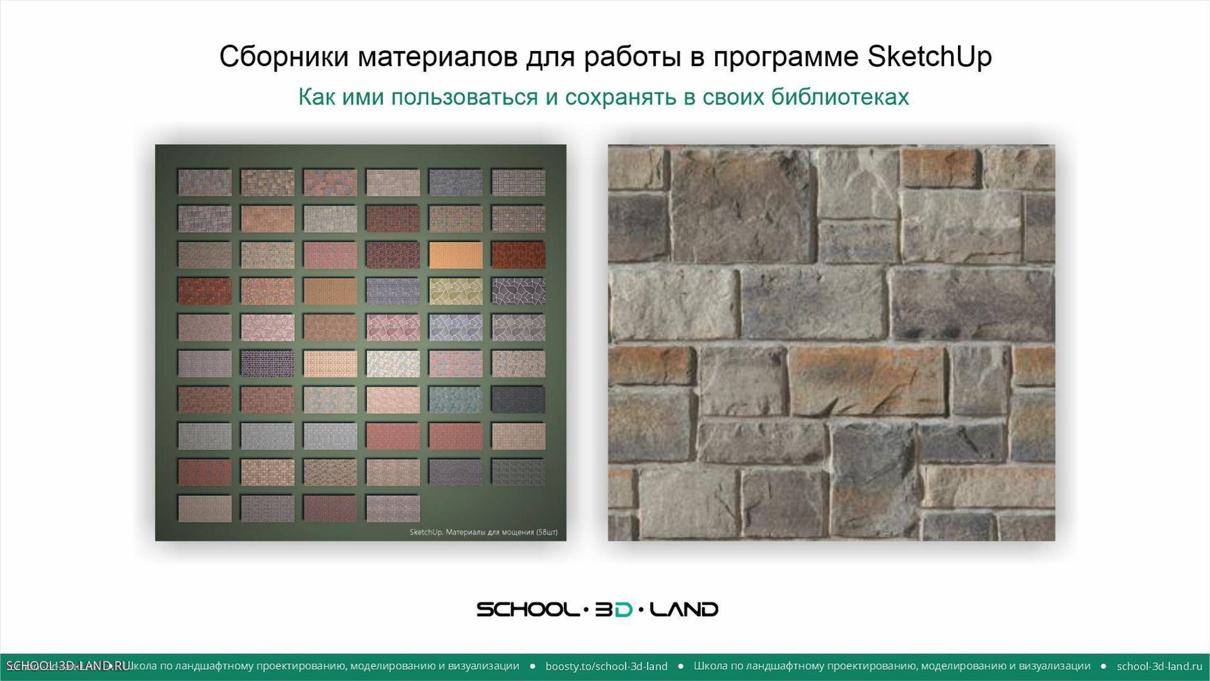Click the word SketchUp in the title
click(x=930, y=57)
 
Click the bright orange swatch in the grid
click(x=456, y=255)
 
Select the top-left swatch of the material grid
click(x=204, y=182)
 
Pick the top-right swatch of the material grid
click(x=518, y=182)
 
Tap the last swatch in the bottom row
click(x=393, y=508)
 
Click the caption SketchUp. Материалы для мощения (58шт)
click(x=483, y=532)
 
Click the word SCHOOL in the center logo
click(x=527, y=609)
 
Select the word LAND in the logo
click(x=684, y=609)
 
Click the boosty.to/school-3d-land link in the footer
click(x=606, y=666)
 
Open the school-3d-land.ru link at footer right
click(x=1159, y=666)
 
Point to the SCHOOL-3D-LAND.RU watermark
click(x=68, y=666)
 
